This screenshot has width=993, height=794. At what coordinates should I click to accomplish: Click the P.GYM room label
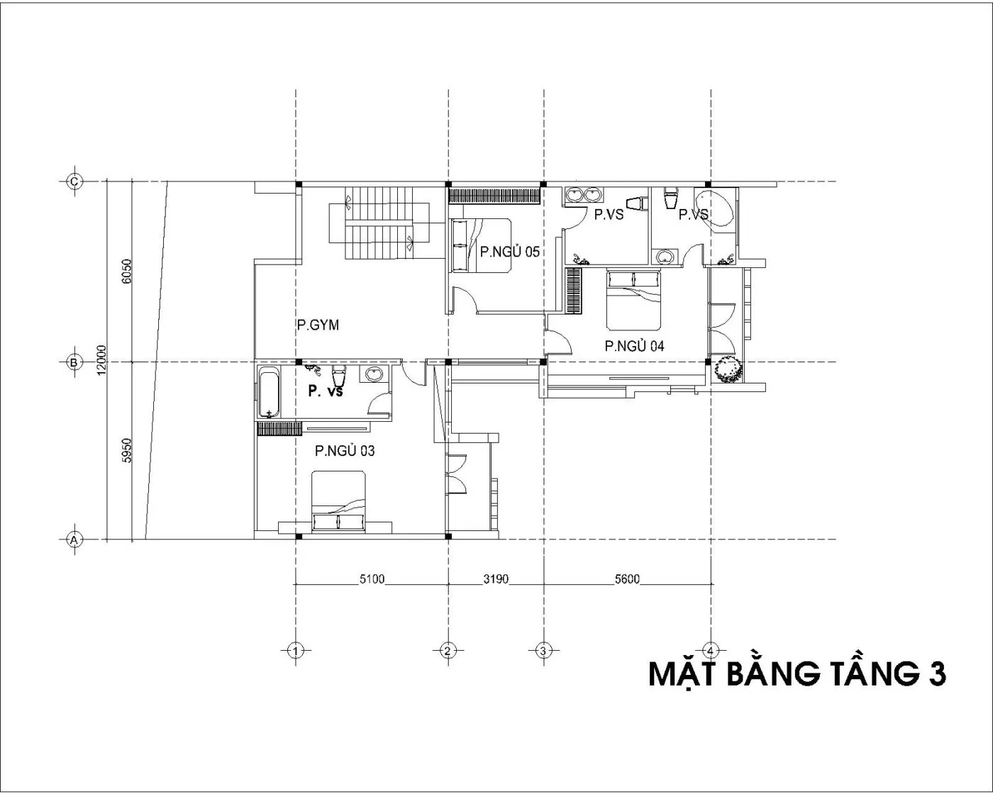tap(318, 325)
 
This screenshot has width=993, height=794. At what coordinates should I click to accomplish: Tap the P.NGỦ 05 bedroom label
tap(510, 252)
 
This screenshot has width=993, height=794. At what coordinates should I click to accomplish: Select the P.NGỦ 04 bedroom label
tap(635, 346)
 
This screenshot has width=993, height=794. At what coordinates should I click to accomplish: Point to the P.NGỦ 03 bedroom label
tap(345, 451)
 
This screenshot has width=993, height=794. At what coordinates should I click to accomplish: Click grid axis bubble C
tap(74, 181)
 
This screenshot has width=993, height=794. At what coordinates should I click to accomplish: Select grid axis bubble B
tap(74, 363)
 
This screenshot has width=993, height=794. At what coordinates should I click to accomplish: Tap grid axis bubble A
tap(74, 539)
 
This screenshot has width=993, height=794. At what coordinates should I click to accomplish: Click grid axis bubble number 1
tap(296, 651)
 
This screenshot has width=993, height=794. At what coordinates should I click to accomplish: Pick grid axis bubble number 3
tap(543, 651)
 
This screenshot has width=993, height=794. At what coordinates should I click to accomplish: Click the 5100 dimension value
tap(372, 579)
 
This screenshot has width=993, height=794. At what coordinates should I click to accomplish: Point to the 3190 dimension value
tap(496, 579)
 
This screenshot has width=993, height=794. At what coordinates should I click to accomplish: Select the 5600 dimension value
tap(628, 579)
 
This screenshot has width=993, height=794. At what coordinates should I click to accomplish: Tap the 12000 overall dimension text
tap(101, 360)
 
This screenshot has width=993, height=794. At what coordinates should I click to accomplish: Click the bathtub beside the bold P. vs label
tap(269, 392)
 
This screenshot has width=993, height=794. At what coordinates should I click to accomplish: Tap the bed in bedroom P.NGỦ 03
tap(338, 501)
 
